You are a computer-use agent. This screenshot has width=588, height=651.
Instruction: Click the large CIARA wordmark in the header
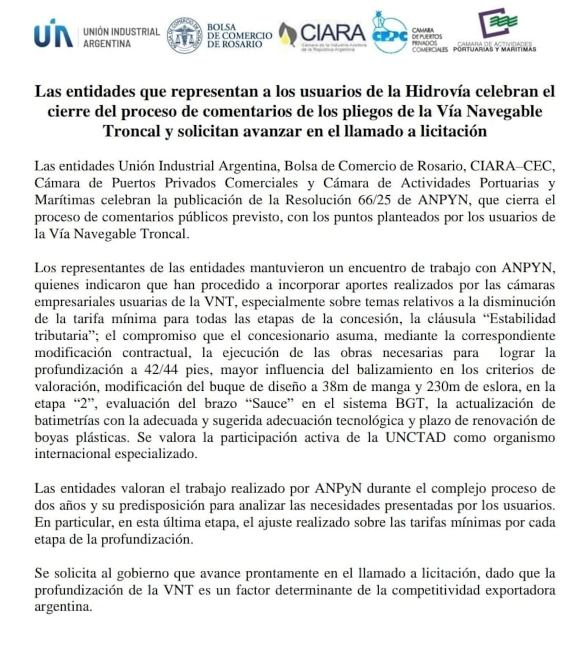[x=333, y=33]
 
